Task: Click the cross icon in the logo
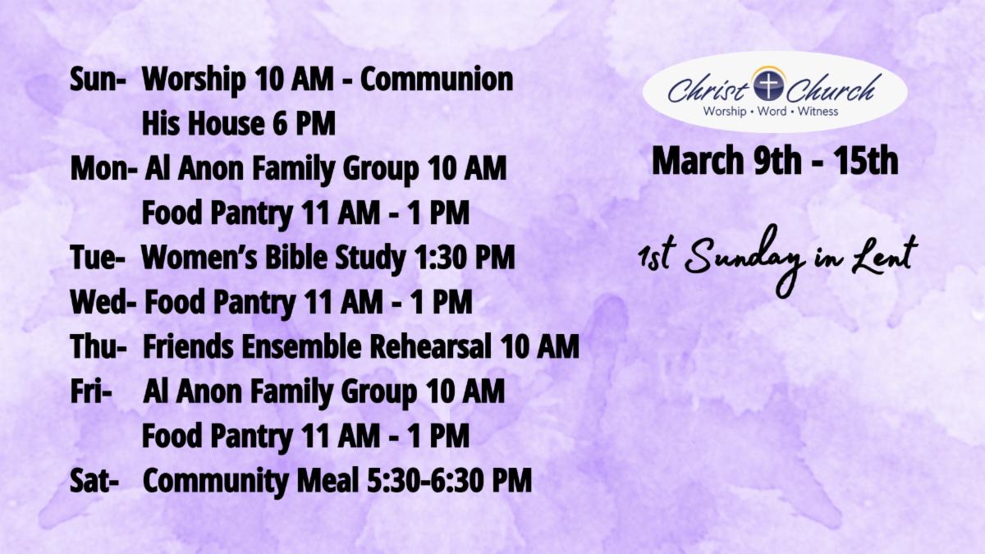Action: [x=768, y=85]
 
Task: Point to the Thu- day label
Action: [x=98, y=346]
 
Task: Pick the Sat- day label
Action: [x=94, y=481]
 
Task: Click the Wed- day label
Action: [x=103, y=302]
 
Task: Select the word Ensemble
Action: [x=301, y=346]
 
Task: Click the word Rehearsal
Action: [x=430, y=346]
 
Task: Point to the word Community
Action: [x=216, y=482]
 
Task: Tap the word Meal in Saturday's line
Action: [x=328, y=481]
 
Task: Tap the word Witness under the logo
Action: [x=818, y=112]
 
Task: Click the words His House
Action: [x=203, y=124]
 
